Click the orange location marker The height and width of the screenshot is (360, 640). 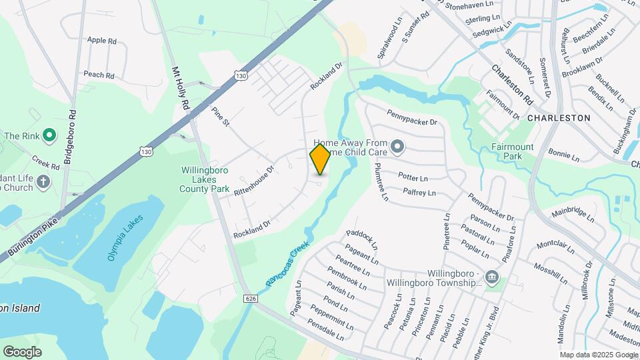[x=320, y=159]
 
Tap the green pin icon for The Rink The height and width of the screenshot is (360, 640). [x=49, y=136]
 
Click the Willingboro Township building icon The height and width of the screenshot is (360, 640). [x=491, y=277]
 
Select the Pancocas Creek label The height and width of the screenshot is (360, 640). [x=288, y=264]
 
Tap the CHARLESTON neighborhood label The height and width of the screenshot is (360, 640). [x=559, y=117]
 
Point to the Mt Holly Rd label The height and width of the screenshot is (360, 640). [x=181, y=89]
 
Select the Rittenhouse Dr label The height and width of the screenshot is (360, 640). [x=254, y=181]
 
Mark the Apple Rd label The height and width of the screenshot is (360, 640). [x=102, y=41]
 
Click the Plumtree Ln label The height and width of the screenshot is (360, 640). [x=381, y=182]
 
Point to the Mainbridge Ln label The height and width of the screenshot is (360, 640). [x=573, y=214]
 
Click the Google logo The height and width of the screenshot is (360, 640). [x=22, y=351]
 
